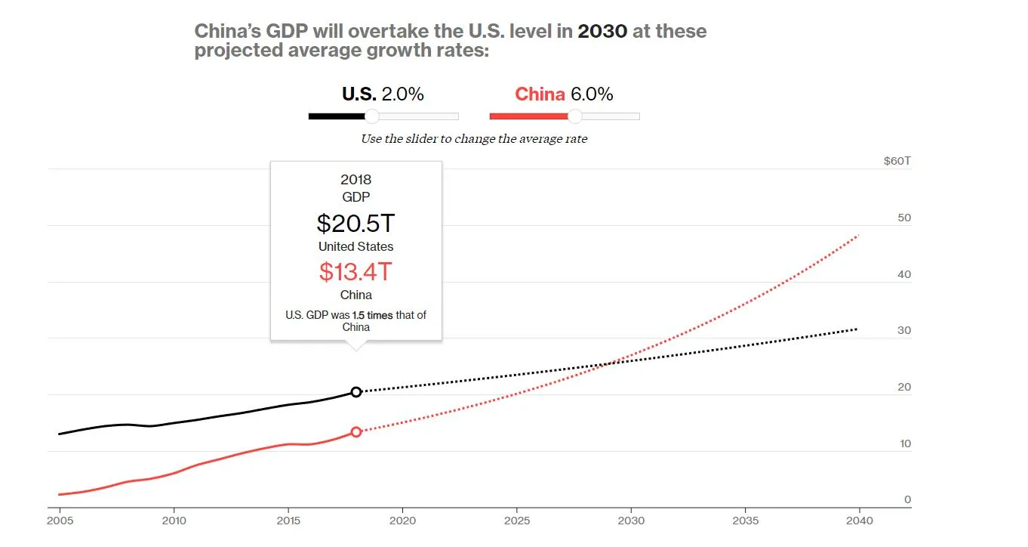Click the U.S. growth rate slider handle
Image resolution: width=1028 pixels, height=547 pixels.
click(371, 116)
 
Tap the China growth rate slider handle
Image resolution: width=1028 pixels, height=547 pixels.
click(574, 116)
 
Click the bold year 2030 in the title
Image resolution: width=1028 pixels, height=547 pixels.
click(602, 32)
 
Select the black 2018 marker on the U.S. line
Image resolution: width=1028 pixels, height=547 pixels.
click(356, 391)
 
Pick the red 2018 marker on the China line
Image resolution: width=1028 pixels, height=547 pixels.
click(356, 432)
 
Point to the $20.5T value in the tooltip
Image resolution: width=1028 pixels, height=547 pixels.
click(355, 223)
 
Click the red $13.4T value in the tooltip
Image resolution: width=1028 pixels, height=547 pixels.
click(355, 270)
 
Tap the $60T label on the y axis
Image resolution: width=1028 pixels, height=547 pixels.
click(897, 161)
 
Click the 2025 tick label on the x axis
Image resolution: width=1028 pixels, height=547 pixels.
click(517, 521)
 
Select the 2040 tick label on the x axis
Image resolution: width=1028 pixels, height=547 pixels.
click(860, 521)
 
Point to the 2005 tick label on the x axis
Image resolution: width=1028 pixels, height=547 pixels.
click(59, 521)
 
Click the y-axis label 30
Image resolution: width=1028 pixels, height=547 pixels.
click(904, 330)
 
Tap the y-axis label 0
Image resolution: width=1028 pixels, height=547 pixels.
click(907, 499)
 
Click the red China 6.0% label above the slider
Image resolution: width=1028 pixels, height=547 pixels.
click(564, 94)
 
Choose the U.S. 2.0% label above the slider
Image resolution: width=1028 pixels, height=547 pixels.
click(383, 94)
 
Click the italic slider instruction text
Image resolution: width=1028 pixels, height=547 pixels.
click(474, 139)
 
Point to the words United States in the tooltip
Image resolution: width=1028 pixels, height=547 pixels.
click(355, 246)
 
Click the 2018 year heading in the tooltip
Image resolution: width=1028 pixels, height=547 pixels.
click(355, 180)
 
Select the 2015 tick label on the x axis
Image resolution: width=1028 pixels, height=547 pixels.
click(288, 521)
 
